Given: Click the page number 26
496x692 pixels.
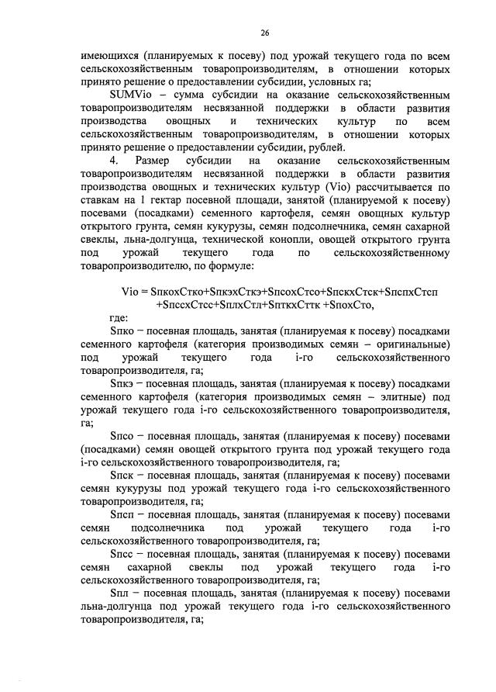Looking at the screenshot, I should click(264, 32).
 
